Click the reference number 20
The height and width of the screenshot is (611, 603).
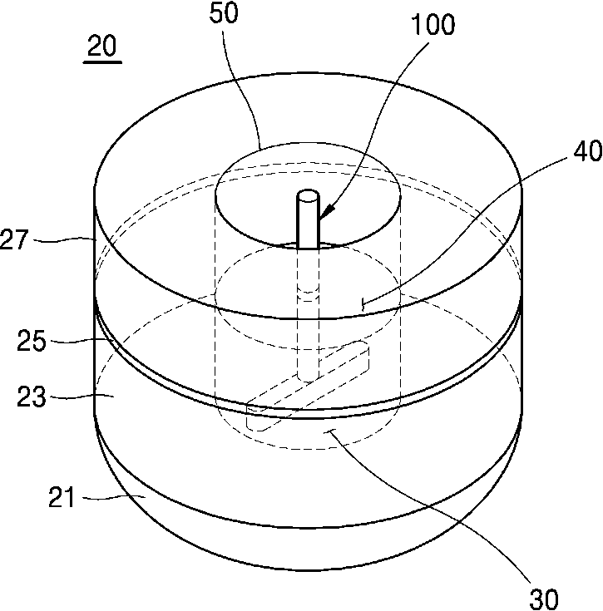(x=101, y=46)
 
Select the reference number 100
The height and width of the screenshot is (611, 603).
(x=432, y=25)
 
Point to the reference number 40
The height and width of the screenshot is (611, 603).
(x=588, y=151)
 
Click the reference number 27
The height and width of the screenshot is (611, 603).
(x=14, y=239)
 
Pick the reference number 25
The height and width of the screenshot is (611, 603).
(x=31, y=341)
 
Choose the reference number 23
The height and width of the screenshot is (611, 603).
(x=31, y=397)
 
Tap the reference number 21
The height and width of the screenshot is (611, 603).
(x=62, y=497)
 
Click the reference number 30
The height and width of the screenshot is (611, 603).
(x=544, y=599)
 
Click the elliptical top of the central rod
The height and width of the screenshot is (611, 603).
(x=309, y=195)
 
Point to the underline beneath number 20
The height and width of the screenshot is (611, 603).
(x=102, y=62)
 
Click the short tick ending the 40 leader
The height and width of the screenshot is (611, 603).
(x=363, y=304)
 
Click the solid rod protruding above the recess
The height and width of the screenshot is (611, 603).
(x=309, y=219)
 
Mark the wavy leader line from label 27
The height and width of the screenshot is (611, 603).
(x=64, y=240)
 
